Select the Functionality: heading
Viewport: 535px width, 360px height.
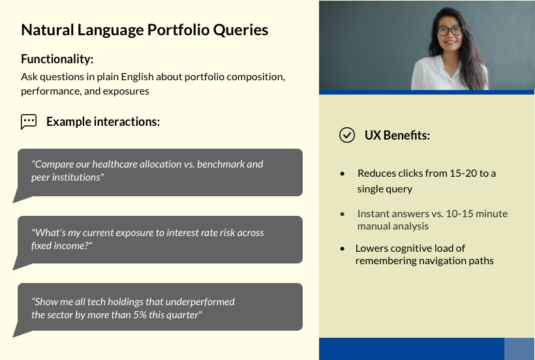[57, 59]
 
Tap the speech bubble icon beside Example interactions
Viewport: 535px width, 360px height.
[29, 122]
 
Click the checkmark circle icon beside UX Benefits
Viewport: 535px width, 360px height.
[347, 135]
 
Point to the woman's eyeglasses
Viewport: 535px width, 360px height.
[450, 31]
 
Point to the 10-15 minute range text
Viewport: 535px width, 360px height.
[477, 214]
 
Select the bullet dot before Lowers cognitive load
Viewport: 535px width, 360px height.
[343, 248]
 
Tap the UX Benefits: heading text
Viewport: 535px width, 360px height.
[397, 136]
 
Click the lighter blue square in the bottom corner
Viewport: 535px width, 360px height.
[519, 349]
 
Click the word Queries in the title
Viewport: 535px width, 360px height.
[241, 30]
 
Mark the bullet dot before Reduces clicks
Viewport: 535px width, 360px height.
[343, 173]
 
